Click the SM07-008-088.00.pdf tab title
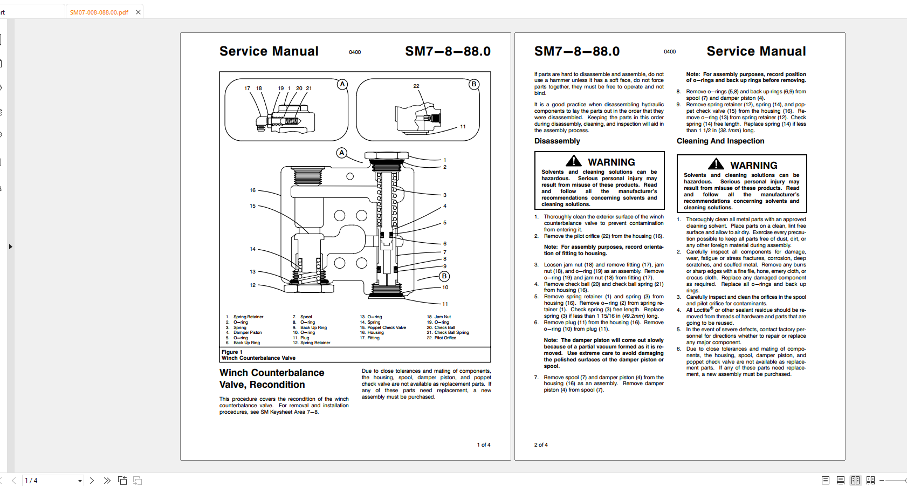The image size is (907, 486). (99, 12)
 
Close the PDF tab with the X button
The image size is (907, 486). (138, 12)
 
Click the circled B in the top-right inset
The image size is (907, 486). (474, 84)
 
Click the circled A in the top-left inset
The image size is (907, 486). (342, 84)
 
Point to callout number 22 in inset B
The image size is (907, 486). (416, 86)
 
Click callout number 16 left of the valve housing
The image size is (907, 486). (252, 190)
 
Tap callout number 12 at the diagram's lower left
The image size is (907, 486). (252, 285)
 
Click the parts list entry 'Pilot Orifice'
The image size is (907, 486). (445, 338)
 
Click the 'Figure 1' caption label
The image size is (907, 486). (232, 352)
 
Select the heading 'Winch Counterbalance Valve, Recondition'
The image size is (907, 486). (272, 379)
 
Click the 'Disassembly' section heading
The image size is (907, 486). (557, 141)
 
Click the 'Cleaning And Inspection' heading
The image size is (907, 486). (720, 141)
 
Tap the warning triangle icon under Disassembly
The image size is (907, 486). (574, 161)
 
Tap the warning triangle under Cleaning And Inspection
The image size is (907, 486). (716, 165)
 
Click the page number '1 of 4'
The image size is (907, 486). (483, 445)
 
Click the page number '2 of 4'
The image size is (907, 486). (541, 445)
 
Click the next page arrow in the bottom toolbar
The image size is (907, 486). (92, 480)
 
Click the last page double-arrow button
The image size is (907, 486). (107, 480)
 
